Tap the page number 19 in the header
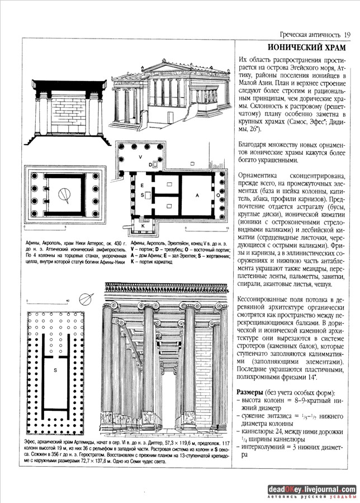click(x=347, y=35)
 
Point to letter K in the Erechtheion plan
click(x=143, y=226)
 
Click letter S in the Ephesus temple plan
click(x=55, y=370)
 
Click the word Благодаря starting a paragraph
click(x=255, y=144)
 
